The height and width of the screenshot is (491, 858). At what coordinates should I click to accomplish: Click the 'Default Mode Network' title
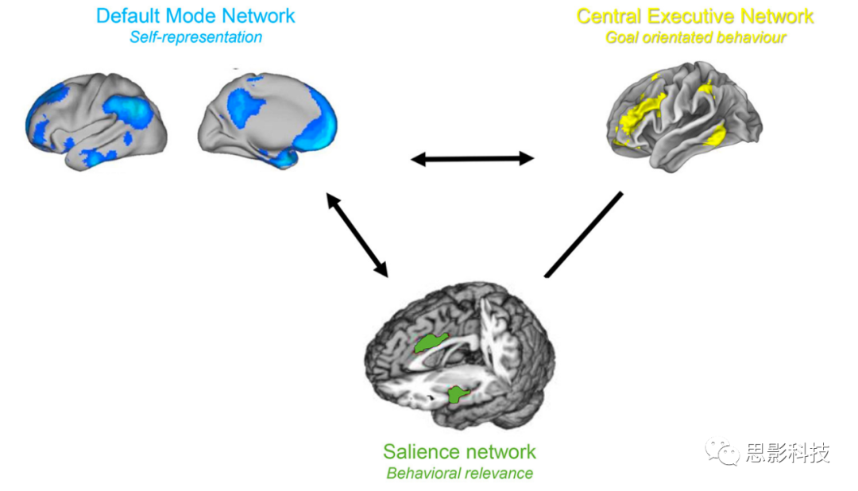pos(195,15)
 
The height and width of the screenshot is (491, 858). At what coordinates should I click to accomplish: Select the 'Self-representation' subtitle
pos(195,37)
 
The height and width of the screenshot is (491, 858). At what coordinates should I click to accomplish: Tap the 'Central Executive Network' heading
pos(695,16)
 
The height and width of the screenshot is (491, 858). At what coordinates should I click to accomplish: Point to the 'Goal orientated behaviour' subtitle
pos(695,37)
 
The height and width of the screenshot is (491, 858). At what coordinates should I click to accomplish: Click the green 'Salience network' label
pos(459,452)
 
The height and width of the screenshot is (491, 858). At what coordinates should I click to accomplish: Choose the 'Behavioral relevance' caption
pos(459,474)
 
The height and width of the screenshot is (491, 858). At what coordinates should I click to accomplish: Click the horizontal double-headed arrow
pos(472,159)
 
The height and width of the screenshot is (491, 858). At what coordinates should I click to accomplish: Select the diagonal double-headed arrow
pos(357,235)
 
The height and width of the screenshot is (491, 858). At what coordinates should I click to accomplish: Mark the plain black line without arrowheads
pos(583,234)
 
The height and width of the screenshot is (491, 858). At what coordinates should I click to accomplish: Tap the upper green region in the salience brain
pos(431,342)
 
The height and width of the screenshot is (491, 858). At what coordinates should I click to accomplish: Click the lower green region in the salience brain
pos(457,393)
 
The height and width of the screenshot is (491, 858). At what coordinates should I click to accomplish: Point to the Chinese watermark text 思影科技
pos(787,454)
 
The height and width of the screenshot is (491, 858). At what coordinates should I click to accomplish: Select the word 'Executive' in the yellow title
pos(705,16)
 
